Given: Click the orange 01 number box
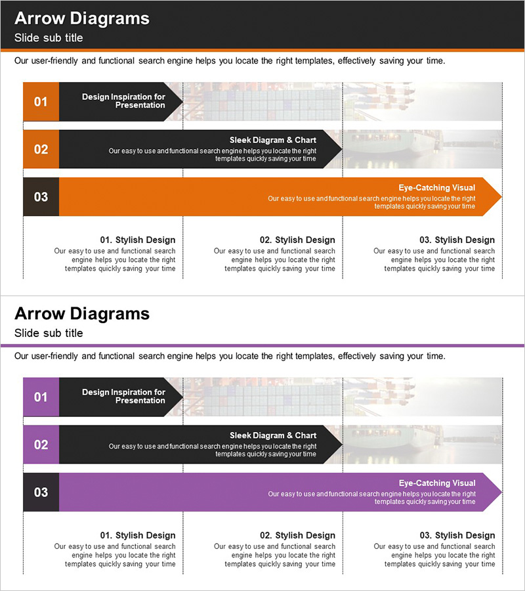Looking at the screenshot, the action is (41, 102).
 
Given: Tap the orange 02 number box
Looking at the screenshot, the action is (41, 149).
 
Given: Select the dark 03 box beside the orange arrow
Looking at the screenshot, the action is (41, 197).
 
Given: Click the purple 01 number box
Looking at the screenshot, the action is (41, 397).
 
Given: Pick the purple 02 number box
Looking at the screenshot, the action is (41, 445).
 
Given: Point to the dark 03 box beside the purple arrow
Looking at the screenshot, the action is (41, 492).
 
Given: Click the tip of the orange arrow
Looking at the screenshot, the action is (501, 197).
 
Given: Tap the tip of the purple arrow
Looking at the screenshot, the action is (501, 492).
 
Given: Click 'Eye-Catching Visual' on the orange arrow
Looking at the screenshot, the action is (437, 188).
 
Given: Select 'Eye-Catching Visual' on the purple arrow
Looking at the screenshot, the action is (437, 483).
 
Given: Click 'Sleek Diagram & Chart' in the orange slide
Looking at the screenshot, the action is (273, 141).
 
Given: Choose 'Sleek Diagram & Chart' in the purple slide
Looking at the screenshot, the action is (273, 436).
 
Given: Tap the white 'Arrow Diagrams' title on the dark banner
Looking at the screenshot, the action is (82, 18).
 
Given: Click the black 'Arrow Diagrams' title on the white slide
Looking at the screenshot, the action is (82, 314).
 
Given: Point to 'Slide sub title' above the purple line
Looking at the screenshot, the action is (49, 333).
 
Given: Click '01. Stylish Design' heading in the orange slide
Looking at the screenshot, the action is (138, 240).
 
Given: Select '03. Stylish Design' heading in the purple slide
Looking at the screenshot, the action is (457, 536).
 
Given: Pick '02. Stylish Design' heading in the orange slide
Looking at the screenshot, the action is (297, 240).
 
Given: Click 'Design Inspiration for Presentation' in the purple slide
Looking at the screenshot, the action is (123, 397).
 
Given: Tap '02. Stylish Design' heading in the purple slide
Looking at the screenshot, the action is (297, 536).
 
